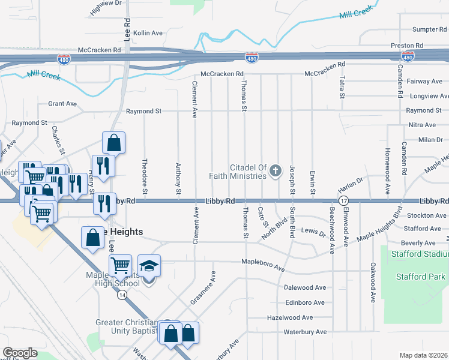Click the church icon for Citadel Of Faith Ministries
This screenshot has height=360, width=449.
(x=276, y=172)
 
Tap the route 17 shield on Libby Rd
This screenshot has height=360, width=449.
(x=343, y=200)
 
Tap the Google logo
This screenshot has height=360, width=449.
(x=20, y=353)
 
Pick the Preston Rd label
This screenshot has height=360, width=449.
(x=424, y=46)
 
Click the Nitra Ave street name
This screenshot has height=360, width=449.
(x=422, y=125)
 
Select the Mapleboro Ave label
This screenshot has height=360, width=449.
(x=263, y=262)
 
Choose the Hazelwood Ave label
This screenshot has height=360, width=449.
(x=291, y=317)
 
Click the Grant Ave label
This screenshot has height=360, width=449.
(x=62, y=104)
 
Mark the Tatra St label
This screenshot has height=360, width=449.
(x=342, y=87)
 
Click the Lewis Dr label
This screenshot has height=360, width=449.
(x=313, y=231)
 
